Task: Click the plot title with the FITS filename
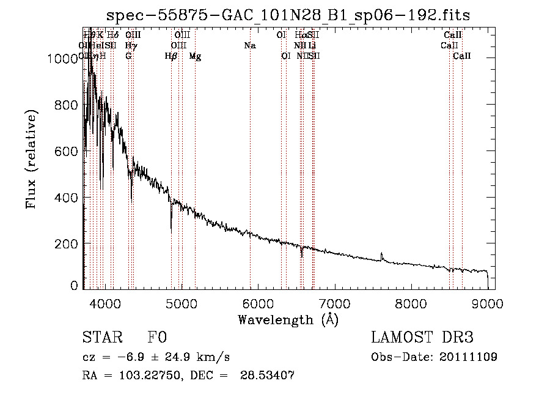[288, 15]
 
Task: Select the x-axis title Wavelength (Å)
[288, 319]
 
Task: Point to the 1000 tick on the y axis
[64, 59]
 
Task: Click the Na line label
[249, 45]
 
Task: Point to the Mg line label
[195, 56]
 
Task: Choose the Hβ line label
[171, 56]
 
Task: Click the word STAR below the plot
[102, 338]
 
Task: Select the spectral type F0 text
[157, 338]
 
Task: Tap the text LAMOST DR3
[422, 338]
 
